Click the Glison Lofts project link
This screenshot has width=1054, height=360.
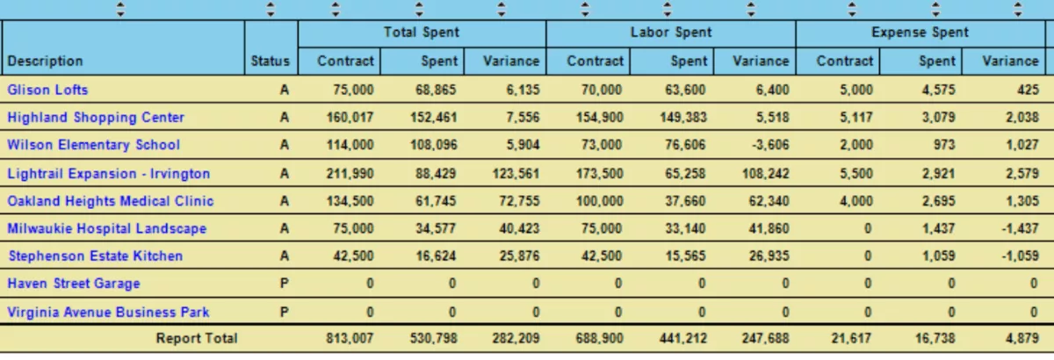(47, 90)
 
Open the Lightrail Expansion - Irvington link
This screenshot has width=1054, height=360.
(109, 173)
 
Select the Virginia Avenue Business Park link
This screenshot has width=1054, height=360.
(108, 312)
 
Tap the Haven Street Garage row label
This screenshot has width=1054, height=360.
(74, 284)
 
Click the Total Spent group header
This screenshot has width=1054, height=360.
(422, 32)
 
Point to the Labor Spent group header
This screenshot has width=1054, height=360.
(671, 32)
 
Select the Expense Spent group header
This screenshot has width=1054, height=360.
(920, 32)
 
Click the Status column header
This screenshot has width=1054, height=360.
(270, 61)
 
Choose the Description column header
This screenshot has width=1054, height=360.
(45, 61)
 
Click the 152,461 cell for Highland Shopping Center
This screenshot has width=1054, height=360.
(434, 118)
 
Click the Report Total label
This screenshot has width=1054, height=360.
(197, 338)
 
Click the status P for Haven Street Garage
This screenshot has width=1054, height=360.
(284, 284)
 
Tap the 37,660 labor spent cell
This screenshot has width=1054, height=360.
(683, 200)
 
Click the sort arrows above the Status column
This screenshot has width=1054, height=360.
(271, 10)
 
